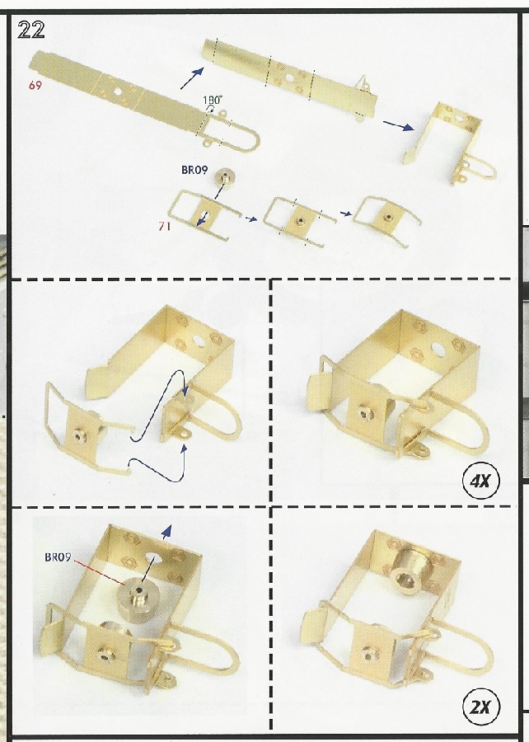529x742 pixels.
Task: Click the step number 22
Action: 30,31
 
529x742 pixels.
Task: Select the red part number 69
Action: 35,85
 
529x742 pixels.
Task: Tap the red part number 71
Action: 165,226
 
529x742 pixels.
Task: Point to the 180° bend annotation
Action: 213,100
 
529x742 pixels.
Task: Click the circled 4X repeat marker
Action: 481,481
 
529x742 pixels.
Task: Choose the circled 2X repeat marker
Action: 481,707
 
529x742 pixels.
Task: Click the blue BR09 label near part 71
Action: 194,170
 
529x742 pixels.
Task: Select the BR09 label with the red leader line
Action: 58,557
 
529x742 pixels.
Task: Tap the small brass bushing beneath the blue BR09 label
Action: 225,178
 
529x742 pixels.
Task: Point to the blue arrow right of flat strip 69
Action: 192,78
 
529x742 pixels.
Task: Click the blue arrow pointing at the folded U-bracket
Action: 399,125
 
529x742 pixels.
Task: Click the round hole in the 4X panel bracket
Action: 438,350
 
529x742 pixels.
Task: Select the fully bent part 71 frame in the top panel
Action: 386,220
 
